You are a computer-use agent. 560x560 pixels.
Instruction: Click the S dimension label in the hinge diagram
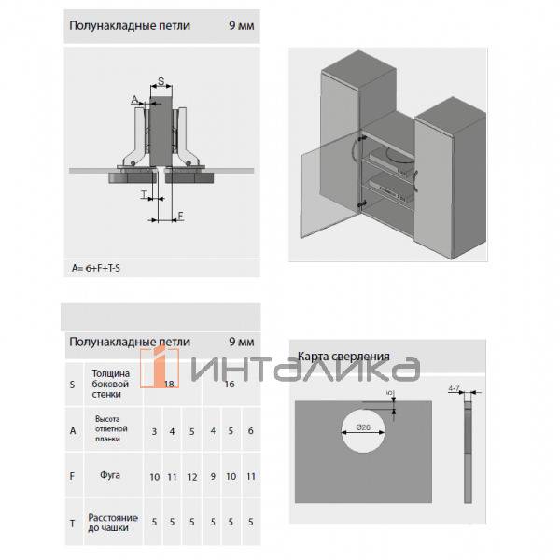(161, 80)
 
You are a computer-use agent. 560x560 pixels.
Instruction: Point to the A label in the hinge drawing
(134, 99)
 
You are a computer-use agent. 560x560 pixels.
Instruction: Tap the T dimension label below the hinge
(145, 196)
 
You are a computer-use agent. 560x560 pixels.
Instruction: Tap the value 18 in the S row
(170, 384)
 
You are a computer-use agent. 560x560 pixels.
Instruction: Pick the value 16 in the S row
(230, 384)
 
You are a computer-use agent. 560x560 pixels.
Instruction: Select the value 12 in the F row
(192, 477)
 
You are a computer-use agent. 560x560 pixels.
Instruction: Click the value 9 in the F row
(214, 477)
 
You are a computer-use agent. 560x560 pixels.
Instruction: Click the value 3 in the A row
(154, 431)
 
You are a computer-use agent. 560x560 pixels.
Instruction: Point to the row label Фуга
(110, 476)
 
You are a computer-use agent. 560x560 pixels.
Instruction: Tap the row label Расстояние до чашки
(112, 523)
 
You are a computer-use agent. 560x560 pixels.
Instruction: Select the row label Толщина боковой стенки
(110, 383)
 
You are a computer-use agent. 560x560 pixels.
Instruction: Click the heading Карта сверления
(343, 357)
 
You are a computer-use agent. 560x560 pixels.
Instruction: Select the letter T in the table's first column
(72, 524)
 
